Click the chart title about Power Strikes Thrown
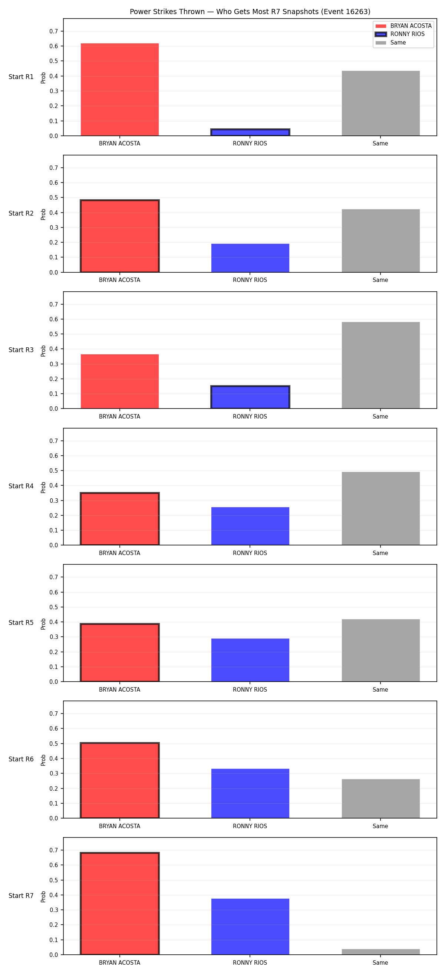[x=250, y=12]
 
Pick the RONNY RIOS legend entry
[x=400, y=34]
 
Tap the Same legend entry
[x=390, y=43]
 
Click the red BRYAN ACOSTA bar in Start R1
[x=120, y=90]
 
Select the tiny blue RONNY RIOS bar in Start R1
[x=250, y=132]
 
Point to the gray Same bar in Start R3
[x=380, y=365]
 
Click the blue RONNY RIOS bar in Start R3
[x=250, y=397]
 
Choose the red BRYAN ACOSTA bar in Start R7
[x=120, y=903]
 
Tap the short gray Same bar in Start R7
[x=380, y=952]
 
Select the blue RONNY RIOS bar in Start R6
[x=250, y=793]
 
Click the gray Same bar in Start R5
[x=380, y=650]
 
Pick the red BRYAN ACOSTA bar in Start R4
[x=120, y=519]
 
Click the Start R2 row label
[x=21, y=213]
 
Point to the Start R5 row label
[x=21, y=622]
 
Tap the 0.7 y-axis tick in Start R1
[x=54, y=32]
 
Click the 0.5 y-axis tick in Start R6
[x=54, y=744]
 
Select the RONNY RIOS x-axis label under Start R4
[x=250, y=553]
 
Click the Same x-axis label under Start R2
[x=380, y=280]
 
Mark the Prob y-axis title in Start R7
[x=43, y=896]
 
